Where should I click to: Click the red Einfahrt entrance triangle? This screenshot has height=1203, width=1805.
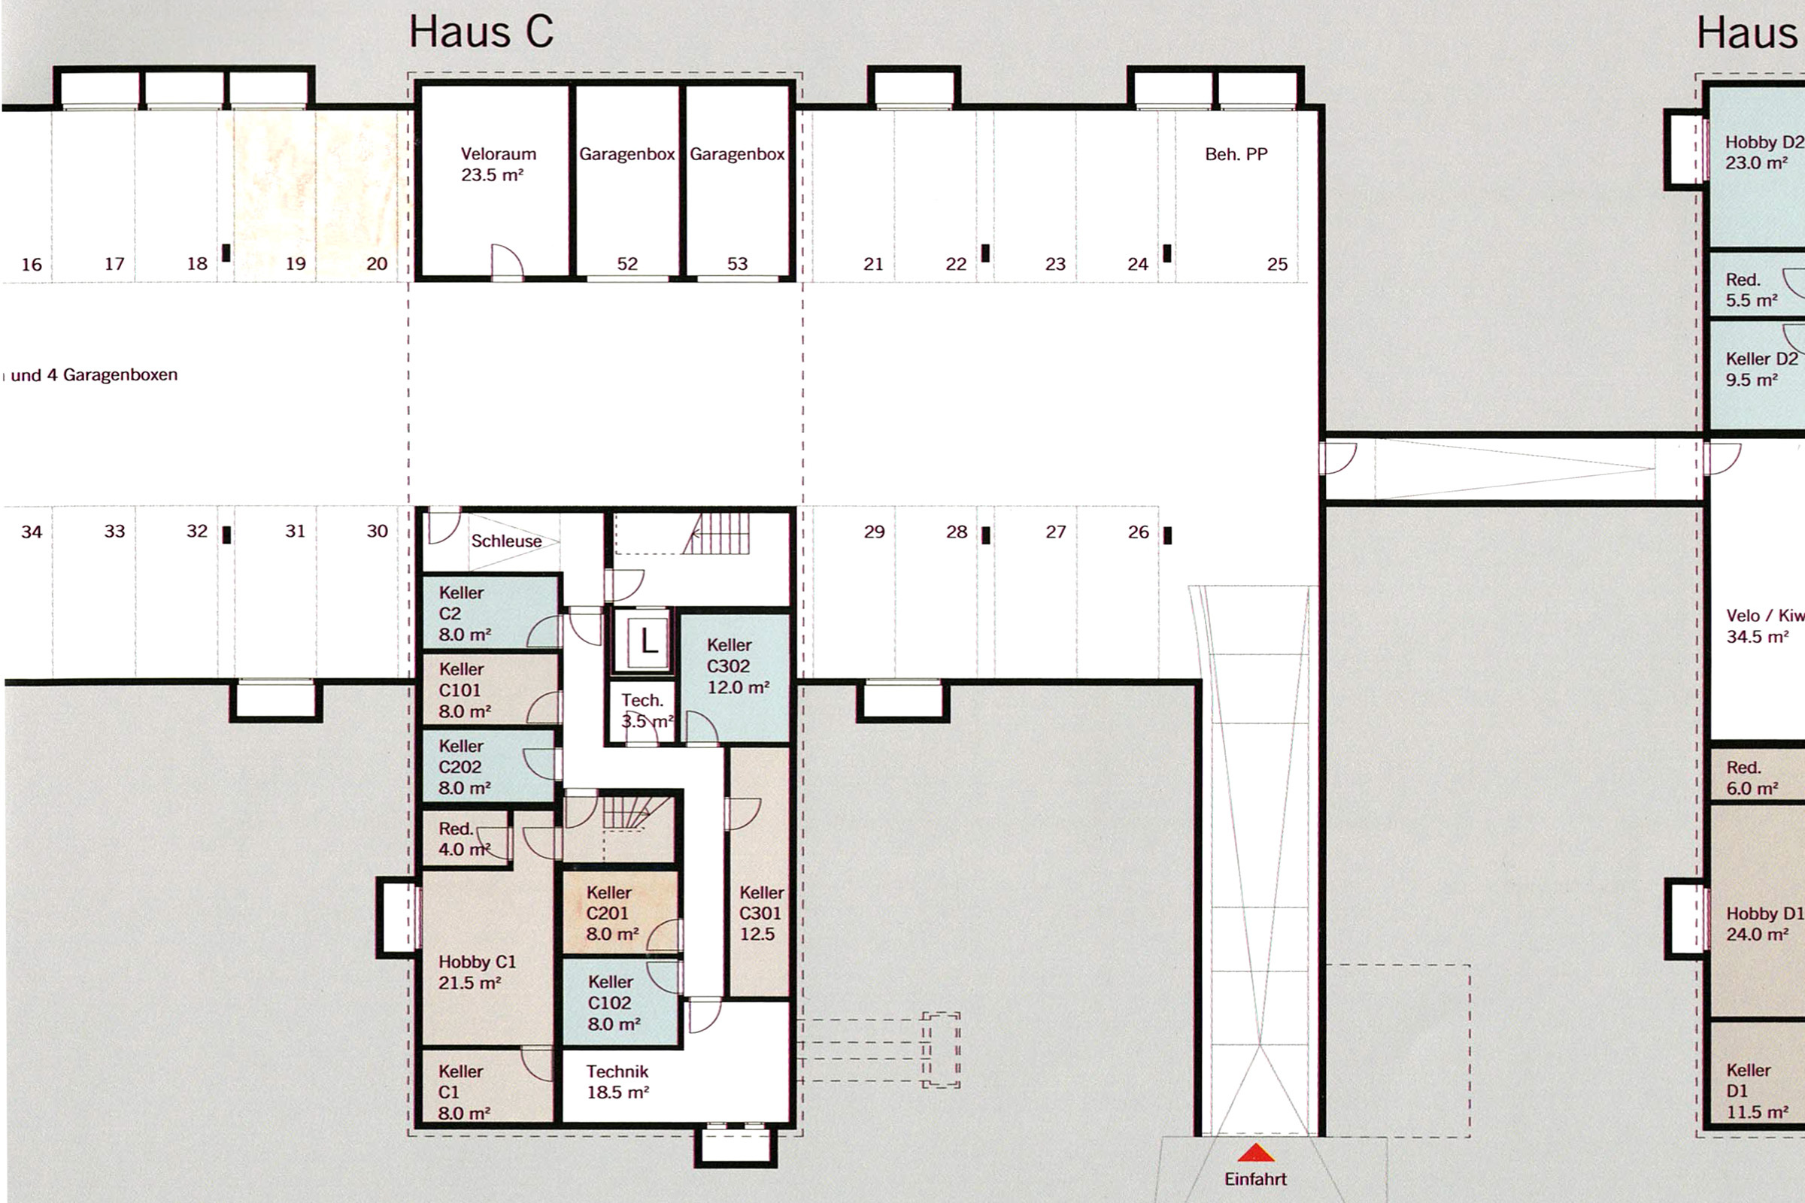pyautogui.click(x=1255, y=1153)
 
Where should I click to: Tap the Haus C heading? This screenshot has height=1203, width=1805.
pyautogui.click(x=481, y=32)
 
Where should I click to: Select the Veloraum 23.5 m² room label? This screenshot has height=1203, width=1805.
pyautogui.click(x=498, y=164)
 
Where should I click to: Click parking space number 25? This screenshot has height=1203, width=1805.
pyautogui.click(x=1277, y=264)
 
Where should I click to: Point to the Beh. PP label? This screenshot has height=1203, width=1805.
pyautogui.click(x=1236, y=154)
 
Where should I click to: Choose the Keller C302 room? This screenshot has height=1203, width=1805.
pyautogui.click(x=735, y=677)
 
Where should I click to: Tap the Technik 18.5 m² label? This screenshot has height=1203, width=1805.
pyautogui.click(x=617, y=1082)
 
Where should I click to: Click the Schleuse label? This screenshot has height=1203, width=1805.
pyautogui.click(x=505, y=541)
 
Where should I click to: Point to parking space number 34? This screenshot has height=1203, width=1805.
pyautogui.click(x=32, y=532)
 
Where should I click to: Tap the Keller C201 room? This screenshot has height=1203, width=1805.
pyautogui.click(x=621, y=912)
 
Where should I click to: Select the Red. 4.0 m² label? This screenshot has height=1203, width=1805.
pyautogui.click(x=464, y=839)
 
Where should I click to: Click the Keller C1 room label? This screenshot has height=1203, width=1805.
pyautogui.click(x=463, y=1092)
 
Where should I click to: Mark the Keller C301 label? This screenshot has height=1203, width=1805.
pyautogui.click(x=761, y=913)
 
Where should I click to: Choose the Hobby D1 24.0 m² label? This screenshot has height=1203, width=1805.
pyautogui.click(x=1764, y=924)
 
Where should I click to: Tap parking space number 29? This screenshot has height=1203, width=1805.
pyautogui.click(x=874, y=532)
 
